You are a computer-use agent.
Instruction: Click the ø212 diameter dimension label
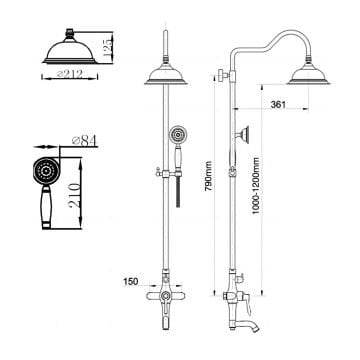point(70,74)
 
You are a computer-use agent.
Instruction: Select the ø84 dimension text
point(84,141)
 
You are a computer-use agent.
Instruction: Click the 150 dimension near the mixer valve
point(131,282)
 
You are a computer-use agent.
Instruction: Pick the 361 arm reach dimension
point(278,105)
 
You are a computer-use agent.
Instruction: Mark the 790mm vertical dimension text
point(209,176)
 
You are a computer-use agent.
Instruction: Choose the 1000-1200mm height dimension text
point(256,186)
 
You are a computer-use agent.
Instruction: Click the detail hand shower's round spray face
point(46,171)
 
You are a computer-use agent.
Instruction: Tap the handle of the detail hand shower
point(46,207)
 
